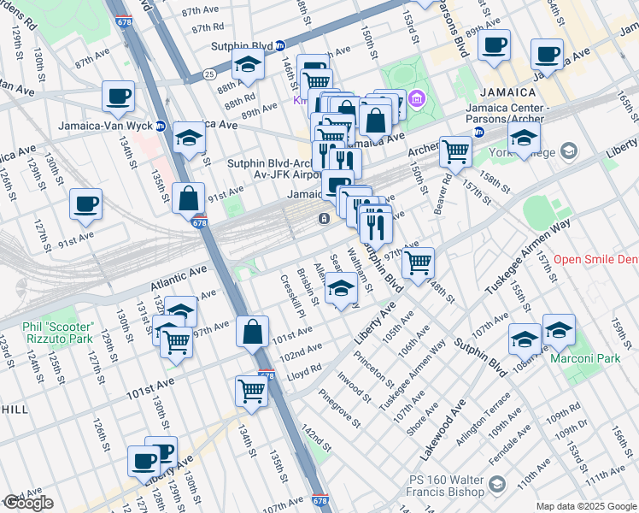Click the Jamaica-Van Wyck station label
pos(105,126)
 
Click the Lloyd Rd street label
pos(304,369)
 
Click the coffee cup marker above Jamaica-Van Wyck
pos(119,96)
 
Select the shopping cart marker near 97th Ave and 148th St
pos(419,262)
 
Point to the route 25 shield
pos(209,74)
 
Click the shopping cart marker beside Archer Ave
pos(456,152)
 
